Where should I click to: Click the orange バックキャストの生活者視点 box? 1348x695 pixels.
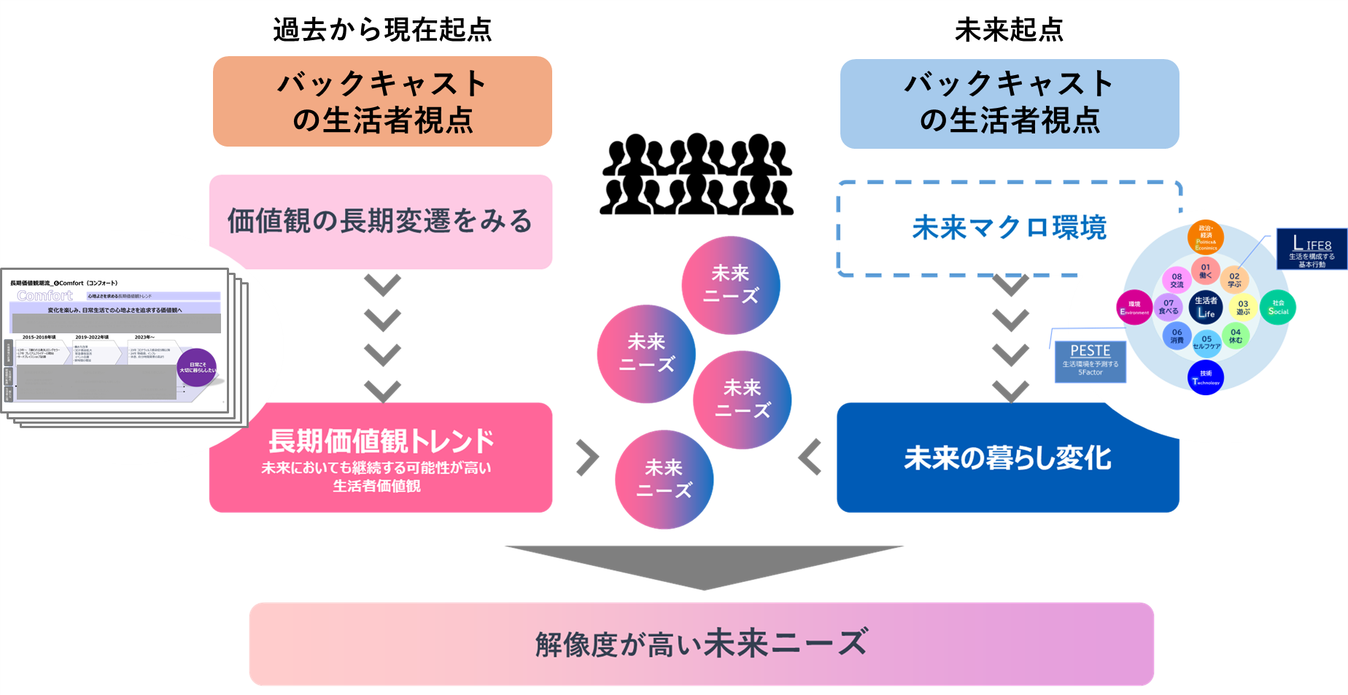click(x=382, y=101)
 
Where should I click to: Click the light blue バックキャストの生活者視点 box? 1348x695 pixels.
click(x=1010, y=104)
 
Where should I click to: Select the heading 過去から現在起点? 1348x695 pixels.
click(x=382, y=30)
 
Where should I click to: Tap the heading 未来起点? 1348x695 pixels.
click(x=1009, y=30)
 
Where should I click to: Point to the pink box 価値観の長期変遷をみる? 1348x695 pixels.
click(x=380, y=221)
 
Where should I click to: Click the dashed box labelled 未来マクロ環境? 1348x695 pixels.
click(x=1009, y=228)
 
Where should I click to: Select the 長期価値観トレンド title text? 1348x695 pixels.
click(x=381, y=440)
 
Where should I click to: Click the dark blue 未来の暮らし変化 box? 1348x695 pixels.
click(x=1007, y=458)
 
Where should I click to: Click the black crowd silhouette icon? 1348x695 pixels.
click(x=697, y=175)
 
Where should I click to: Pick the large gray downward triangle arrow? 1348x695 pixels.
click(x=704, y=566)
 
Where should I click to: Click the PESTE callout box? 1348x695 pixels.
click(x=1090, y=361)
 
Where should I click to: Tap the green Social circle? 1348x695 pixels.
click(x=1278, y=308)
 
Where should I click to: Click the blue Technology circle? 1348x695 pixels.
click(x=1206, y=378)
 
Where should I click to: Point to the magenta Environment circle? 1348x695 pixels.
click(x=1134, y=308)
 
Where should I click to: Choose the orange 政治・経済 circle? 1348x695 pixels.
click(x=1206, y=237)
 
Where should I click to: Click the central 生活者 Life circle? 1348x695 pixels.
click(x=1206, y=307)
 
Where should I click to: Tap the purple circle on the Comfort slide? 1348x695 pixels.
click(x=198, y=368)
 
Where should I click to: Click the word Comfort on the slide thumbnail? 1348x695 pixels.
click(x=45, y=295)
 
